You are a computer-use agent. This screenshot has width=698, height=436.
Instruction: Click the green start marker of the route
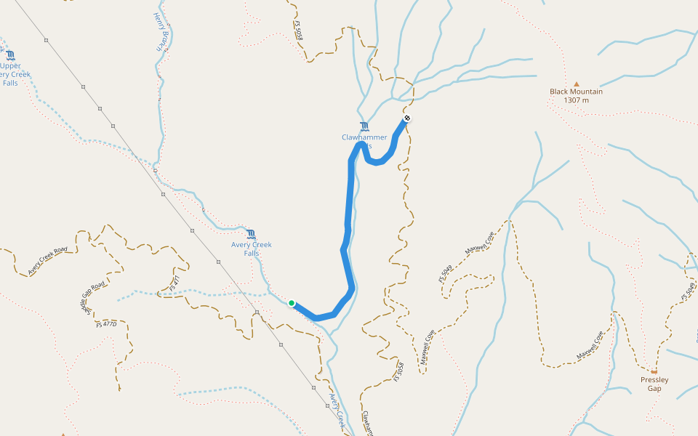[291, 303]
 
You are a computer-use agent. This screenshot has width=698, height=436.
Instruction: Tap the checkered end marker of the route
[407, 118]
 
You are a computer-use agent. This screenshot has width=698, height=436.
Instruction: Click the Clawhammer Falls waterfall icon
[364, 126]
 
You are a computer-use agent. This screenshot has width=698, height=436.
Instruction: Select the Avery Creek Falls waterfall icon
[251, 234]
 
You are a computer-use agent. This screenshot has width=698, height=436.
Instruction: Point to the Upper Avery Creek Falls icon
[10, 55]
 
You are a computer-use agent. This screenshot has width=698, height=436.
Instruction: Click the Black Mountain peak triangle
[576, 84]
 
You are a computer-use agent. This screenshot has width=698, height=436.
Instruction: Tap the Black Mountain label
[576, 92]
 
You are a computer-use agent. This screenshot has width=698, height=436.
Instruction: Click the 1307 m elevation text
[576, 100]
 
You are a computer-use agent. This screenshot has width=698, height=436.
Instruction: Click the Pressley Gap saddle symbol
[654, 371]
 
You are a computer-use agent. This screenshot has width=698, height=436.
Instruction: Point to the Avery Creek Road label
[48, 260]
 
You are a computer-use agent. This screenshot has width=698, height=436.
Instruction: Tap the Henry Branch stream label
[160, 31]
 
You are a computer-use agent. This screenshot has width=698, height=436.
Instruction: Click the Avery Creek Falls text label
[252, 249]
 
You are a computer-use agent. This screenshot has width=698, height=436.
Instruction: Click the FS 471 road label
[174, 283]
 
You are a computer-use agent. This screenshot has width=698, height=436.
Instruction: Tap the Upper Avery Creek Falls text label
[11, 74]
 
